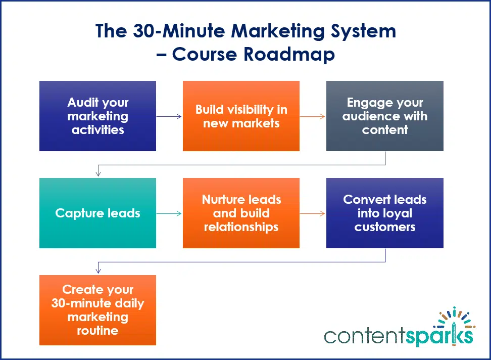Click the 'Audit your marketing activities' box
(97, 116)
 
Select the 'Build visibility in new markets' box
(241, 116)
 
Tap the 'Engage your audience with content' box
(384, 116)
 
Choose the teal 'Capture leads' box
(97, 213)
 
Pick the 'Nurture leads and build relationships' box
(241, 213)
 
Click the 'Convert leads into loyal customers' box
(384, 213)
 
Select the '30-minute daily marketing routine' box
(97, 310)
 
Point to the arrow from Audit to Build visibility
(169, 116)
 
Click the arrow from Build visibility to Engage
(313, 116)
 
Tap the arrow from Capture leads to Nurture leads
(169, 213)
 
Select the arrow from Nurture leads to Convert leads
(313, 213)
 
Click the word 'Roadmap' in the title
(289, 54)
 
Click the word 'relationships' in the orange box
(241, 227)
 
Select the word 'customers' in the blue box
(385, 227)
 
